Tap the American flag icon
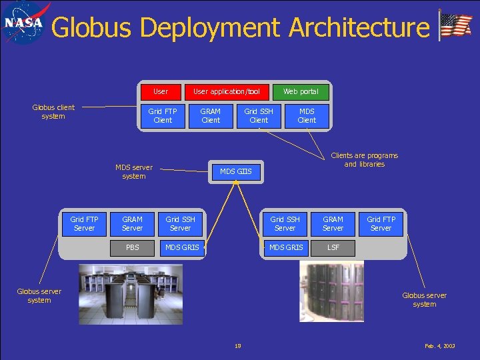pyautogui.click(x=456, y=25)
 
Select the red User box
pyautogui.click(x=161, y=91)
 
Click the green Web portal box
pyautogui.click(x=301, y=91)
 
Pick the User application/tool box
pyautogui.click(x=227, y=91)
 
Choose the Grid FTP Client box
pyautogui.click(x=163, y=115)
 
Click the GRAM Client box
pyautogui.click(x=211, y=115)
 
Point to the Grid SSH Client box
pyautogui.click(x=259, y=115)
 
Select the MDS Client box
pyautogui.click(x=307, y=115)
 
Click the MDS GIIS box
pyautogui.click(x=236, y=172)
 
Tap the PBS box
pyautogui.click(x=133, y=247)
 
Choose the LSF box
pyautogui.click(x=333, y=247)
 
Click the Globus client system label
pyautogui.click(x=53, y=111)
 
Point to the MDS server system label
pyautogui.click(x=133, y=171)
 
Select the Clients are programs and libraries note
pyautogui.click(x=364, y=159)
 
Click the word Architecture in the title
pyautogui.click(x=359, y=28)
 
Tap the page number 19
pyautogui.click(x=238, y=346)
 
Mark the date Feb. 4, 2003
pyautogui.click(x=440, y=346)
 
